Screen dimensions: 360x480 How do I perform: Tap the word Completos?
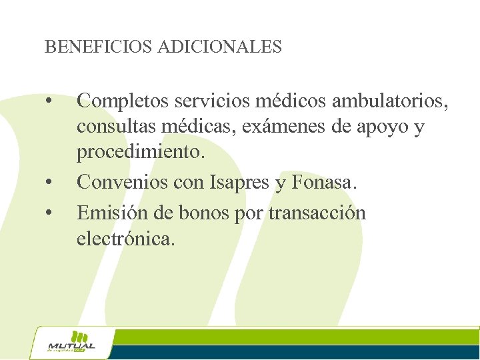click(x=123, y=101)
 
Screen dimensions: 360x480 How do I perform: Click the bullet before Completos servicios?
click(x=49, y=103)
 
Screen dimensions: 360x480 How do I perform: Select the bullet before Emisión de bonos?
click(x=49, y=213)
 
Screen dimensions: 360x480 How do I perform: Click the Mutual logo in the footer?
click(x=72, y=343)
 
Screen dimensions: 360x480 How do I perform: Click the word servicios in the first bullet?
click(x=214, y=101)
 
